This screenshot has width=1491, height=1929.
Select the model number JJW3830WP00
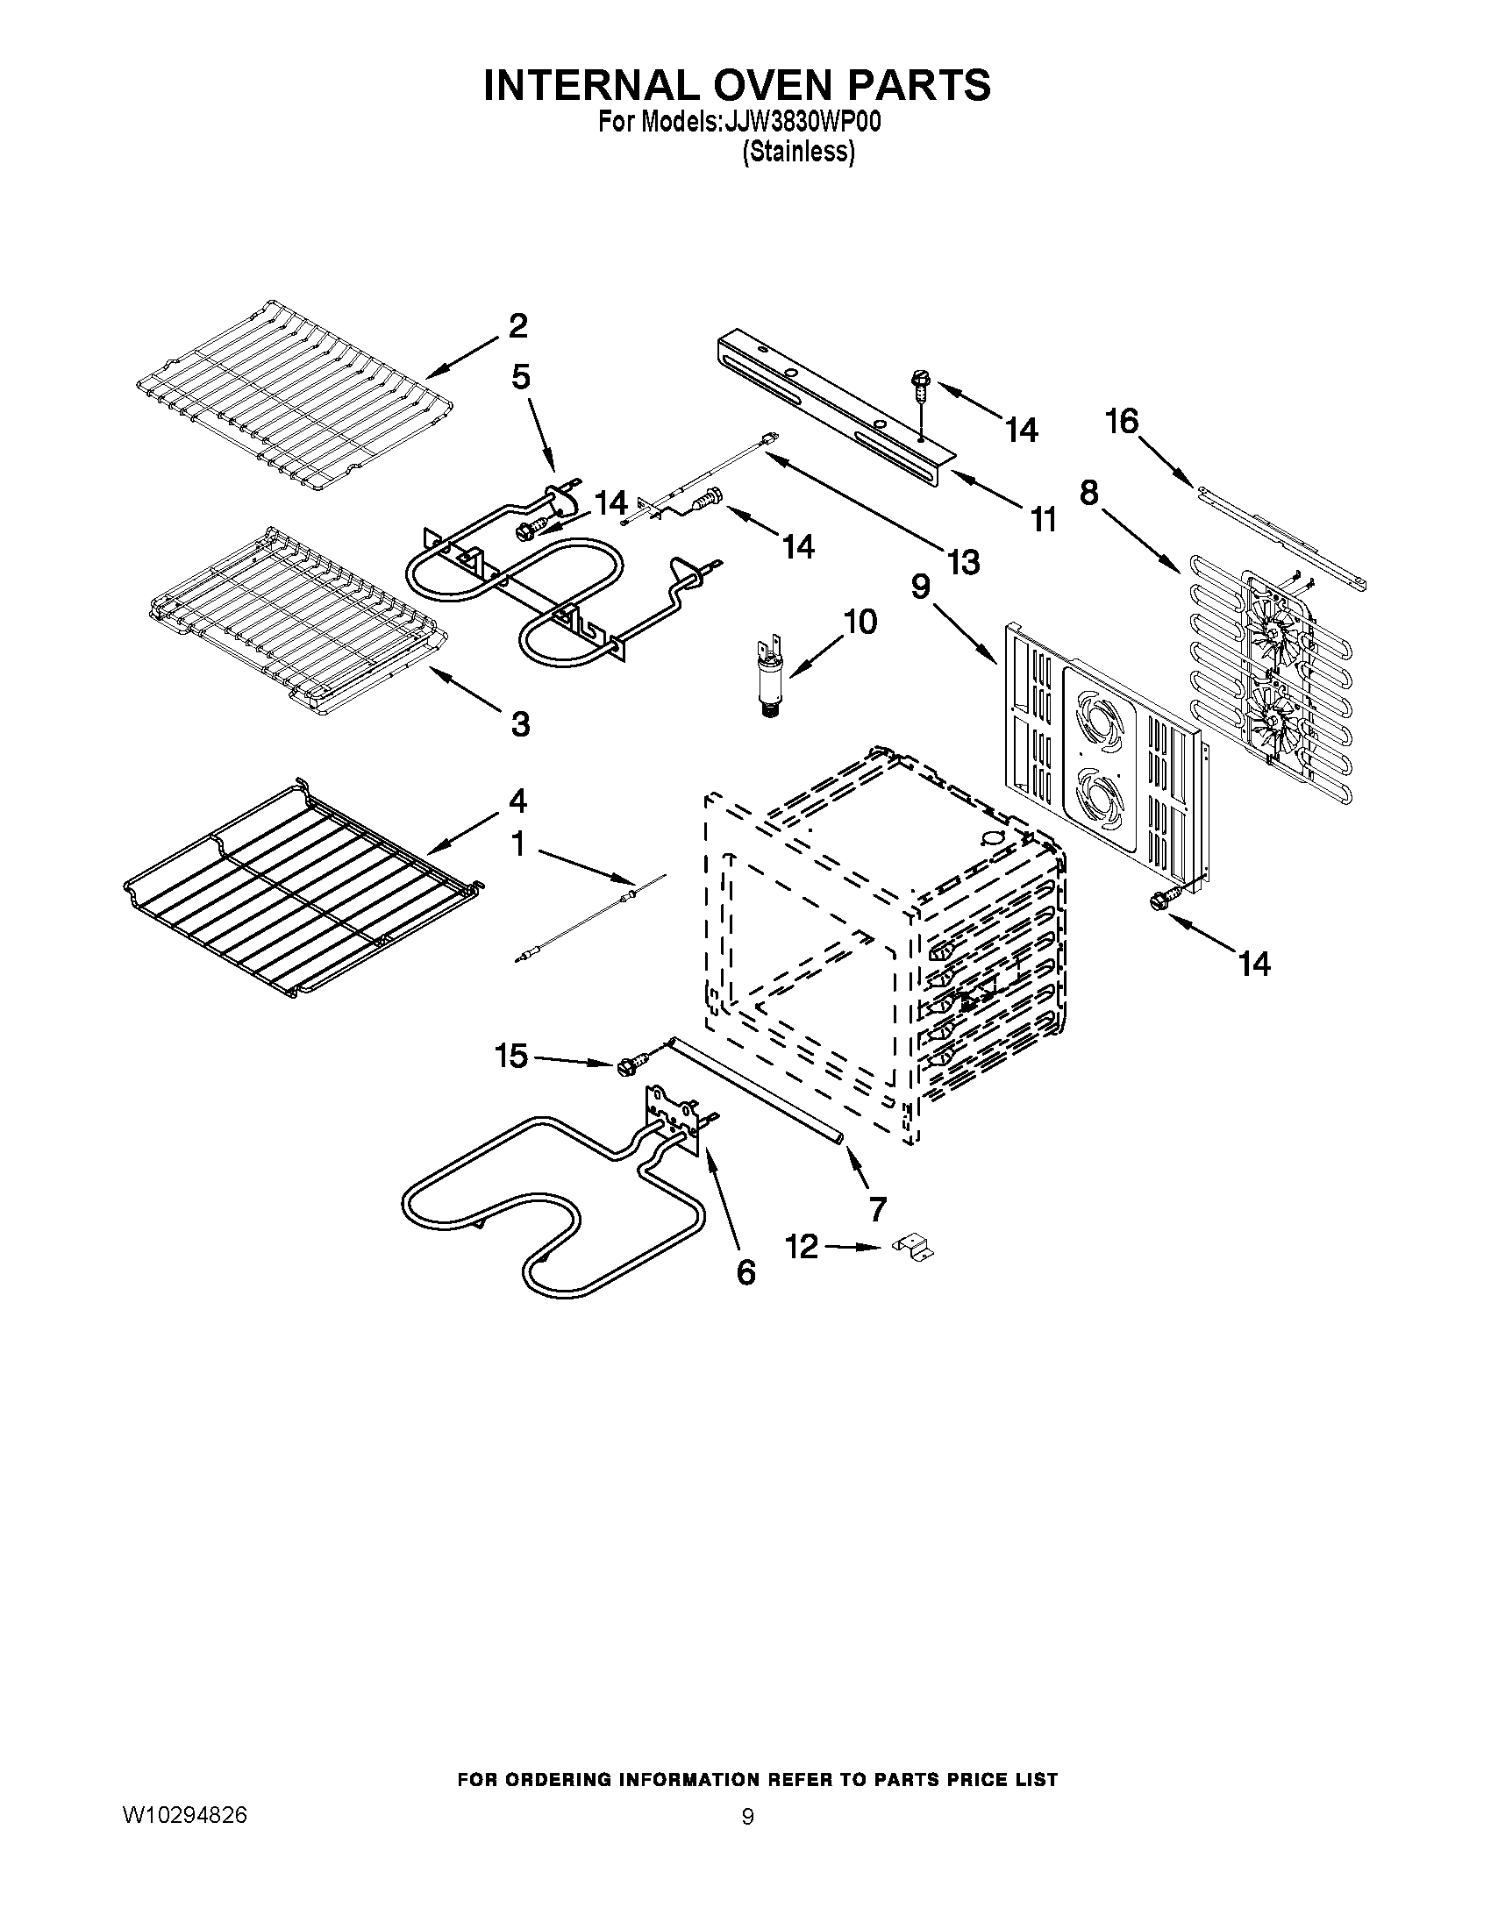tap(801, 123)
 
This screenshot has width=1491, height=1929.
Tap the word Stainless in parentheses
tap(798, 153)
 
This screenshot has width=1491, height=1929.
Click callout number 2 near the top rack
tap(518, 326)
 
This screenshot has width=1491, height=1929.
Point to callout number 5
tap(521, 377)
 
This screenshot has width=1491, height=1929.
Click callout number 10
tap(860, 622)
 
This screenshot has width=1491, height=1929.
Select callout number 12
tap(802, 1248)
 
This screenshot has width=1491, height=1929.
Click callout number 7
tap(877, 1208)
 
